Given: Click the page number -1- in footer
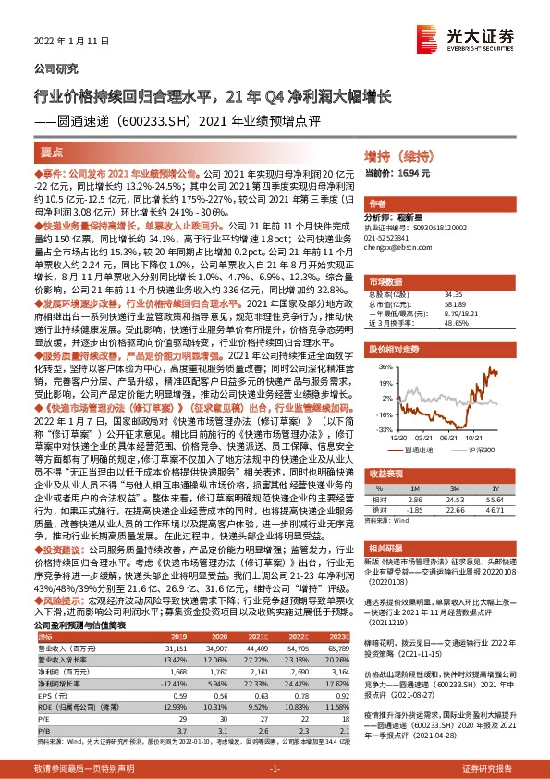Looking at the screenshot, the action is pos(275,768).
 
